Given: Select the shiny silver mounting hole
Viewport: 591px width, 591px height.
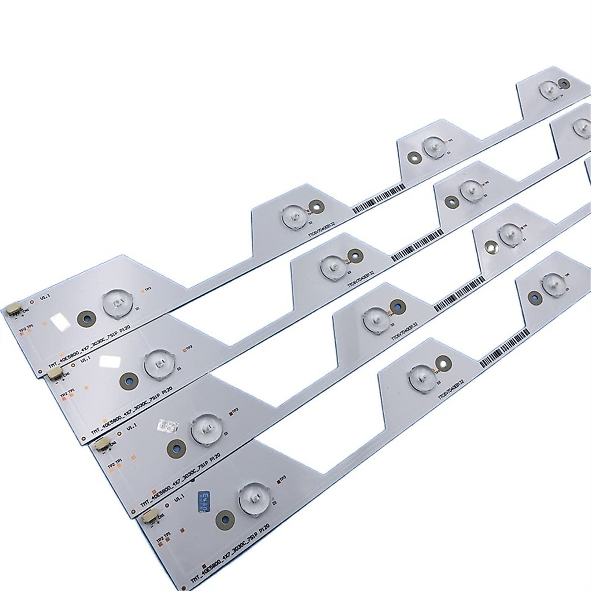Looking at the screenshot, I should (x=489, y=248).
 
